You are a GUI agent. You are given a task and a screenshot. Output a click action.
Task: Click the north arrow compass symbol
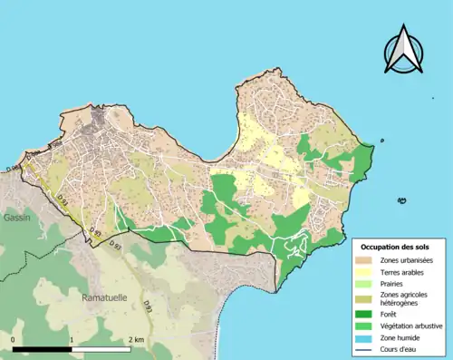[x=402, y=50]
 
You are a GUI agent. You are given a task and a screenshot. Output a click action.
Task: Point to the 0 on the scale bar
[x=14, y=339]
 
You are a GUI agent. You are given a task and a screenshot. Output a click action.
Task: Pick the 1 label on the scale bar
[x=72, y=339]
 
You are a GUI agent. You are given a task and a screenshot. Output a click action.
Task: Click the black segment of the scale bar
[x=43, y=348]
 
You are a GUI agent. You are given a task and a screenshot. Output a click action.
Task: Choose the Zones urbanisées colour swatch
[x=366, y=260]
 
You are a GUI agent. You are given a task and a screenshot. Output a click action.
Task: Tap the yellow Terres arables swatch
[x=366, y=272]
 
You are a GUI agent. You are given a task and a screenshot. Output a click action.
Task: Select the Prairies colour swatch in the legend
[x=366, y=283]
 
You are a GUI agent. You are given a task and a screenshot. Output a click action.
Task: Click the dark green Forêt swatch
[x=366, y=314]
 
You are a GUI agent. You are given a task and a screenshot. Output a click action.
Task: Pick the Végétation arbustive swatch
[x=366, y=325]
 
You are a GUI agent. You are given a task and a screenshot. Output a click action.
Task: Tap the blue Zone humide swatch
[x=366, y=336]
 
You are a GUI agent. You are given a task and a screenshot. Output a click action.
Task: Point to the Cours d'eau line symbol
[x=366, y=347]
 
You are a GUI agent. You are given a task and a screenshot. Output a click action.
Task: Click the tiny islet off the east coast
[x=382, y=141]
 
